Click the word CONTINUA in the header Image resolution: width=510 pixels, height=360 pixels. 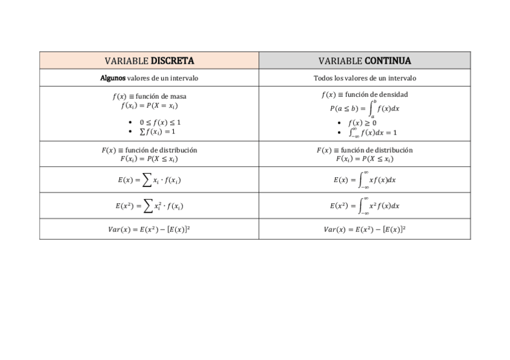tap(388, 61)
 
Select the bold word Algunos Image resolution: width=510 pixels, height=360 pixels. tap(113, 78)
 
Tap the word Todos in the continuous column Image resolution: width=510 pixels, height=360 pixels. tap(324, 78)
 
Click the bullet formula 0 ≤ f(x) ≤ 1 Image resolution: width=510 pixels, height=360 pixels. tap(160, 122)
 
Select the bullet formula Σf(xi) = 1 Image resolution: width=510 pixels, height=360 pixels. tap(157, 132)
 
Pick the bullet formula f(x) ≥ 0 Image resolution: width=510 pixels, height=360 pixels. tap(362, 123)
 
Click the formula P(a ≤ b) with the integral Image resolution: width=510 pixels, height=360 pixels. tap(364, 109)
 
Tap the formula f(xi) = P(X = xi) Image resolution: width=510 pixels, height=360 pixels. tap(149, 105)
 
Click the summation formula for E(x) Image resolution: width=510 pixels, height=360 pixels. tap(149, 180)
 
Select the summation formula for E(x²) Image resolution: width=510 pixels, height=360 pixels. tap(149, 206)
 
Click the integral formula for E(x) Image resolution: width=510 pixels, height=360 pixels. tap(364, 179)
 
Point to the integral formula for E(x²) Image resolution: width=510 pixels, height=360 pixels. tap(364, 206)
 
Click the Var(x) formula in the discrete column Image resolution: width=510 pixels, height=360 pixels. tap(149, 229)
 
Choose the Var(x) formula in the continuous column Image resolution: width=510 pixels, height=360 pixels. tap(364, 229)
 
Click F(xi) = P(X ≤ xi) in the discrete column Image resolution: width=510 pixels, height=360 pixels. tap(149, 159)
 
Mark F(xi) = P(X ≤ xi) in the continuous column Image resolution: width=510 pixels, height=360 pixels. tap(364, 159)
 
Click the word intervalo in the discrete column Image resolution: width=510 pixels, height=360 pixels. tap(183, 78)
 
